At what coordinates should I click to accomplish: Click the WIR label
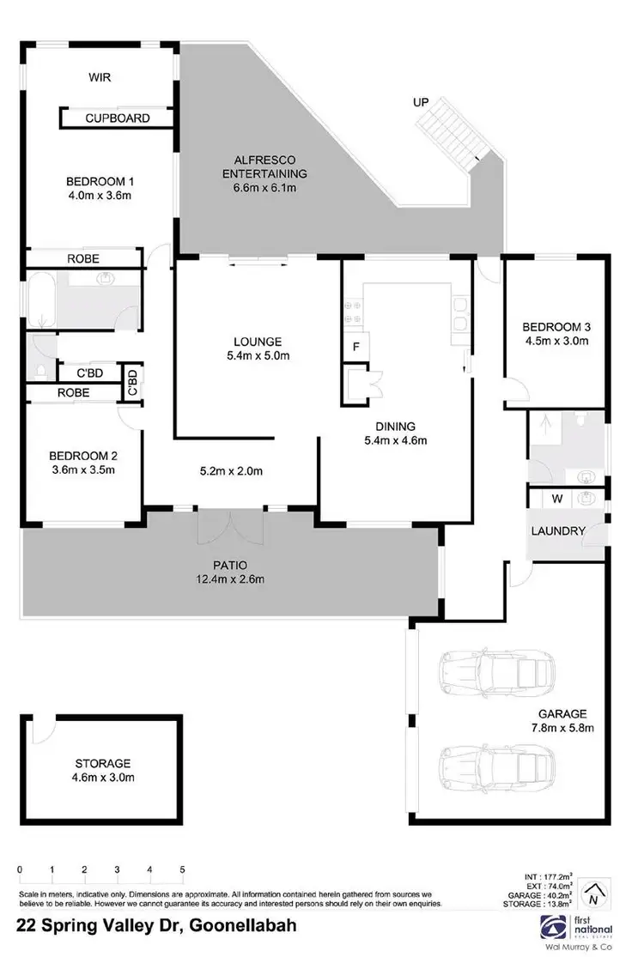pos(100,77)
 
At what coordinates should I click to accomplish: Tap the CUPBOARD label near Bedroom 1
pos(118,118)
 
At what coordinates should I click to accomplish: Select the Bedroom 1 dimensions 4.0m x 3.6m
pos(100,196)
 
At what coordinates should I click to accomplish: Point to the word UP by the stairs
pos(421,102)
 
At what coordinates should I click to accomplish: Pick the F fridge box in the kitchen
pos(355,347)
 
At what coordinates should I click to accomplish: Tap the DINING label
pos(395,427)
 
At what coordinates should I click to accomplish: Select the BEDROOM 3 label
pos(556,326)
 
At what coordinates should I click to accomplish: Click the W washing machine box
pos(556,498)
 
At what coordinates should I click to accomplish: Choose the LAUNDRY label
pos(558,531)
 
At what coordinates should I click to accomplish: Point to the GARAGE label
pos(562,713)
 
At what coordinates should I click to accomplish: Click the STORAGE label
pos(102,763)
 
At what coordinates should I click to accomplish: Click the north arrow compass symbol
pos(592,896)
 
